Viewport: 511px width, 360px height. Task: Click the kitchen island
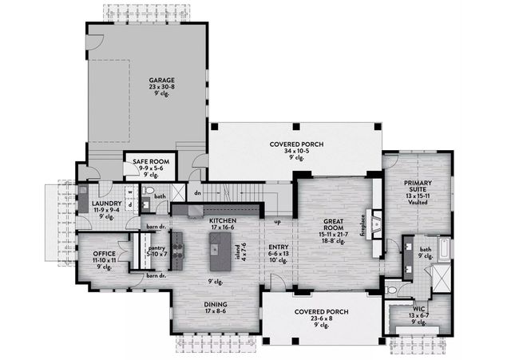coord(217,256)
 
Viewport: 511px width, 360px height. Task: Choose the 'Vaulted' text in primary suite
coord(418,203)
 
